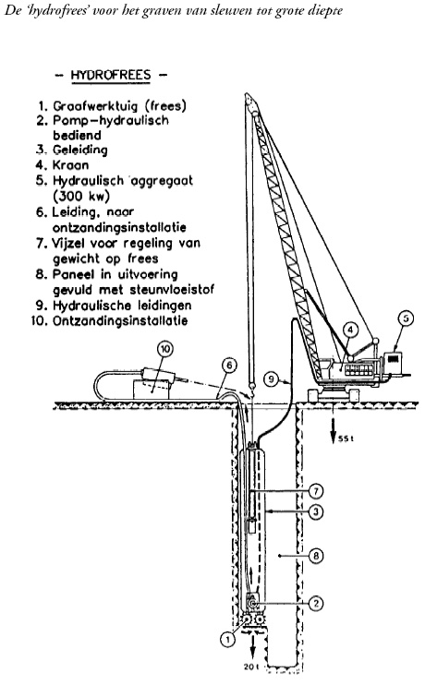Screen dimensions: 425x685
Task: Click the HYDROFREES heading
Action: click(x=111, y=75)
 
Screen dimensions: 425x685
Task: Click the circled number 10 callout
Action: click(x=165, y=349)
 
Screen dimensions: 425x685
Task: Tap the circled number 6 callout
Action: click(x=230, y=366)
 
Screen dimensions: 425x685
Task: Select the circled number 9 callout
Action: click(x=271, y=379)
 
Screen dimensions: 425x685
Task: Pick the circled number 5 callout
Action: click(x=406, y=318)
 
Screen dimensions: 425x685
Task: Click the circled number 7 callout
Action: click(x=316, y=491)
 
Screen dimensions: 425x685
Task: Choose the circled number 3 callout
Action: click(x=316, y=511)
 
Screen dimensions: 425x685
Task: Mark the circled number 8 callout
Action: click(x=316, y=556)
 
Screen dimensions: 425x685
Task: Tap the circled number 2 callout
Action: click(x=316, y=604)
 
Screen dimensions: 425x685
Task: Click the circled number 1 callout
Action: click(x=227, y=640)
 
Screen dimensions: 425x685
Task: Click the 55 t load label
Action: click(x=346, y=439)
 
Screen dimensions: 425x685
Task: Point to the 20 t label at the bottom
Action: click(x=251, y=667)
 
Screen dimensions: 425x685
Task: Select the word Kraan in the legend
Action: click(x=70, y=165)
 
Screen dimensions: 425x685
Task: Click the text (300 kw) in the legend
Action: click(x=81, y=196)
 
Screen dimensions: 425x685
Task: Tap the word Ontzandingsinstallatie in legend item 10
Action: click(x=120, y=320)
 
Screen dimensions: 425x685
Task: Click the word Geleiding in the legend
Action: click(x=80, y=150)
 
